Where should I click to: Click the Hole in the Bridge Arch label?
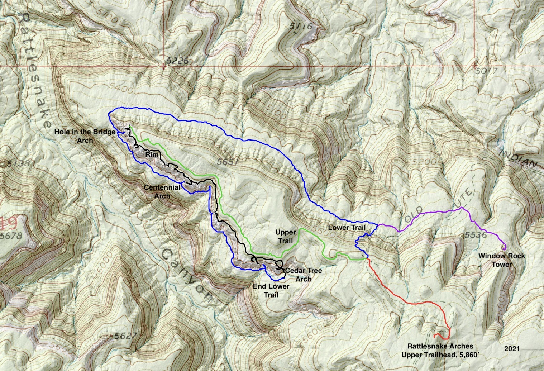click(x=85, y=136)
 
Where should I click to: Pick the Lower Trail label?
click(x=347, y=227)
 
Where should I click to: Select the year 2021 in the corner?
click(x=512, y=348)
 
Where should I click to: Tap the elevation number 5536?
click(x=475, y=236)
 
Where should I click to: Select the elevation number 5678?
click(x=11, y=236)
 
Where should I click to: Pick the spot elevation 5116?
click(x=301, y=26)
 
